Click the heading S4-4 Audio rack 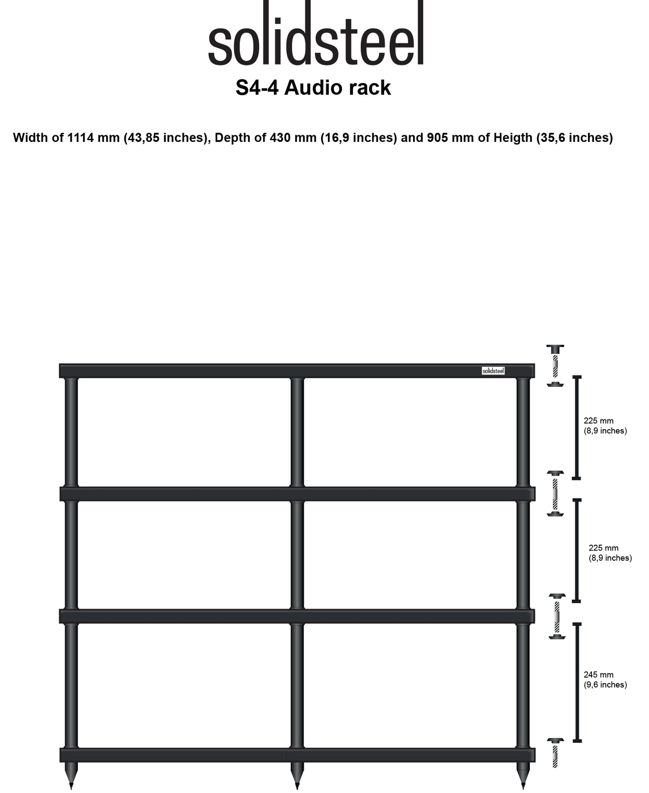(x=313, y=88)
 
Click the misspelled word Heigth (x=513, y=138)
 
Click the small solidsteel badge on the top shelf (x=493, y=371)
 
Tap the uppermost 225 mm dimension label (x=598, y=421)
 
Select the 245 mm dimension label (x=598, y=674)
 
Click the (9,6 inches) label (x=605, y=685)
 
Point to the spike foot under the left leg (x=71, y=775)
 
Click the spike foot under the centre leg (x=297, y=775)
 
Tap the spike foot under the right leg (x=523, y=775)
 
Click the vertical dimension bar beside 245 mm (x=578, y=682)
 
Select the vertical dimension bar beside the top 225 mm (x=577, y=427)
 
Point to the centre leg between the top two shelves (x=297, y=432)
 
